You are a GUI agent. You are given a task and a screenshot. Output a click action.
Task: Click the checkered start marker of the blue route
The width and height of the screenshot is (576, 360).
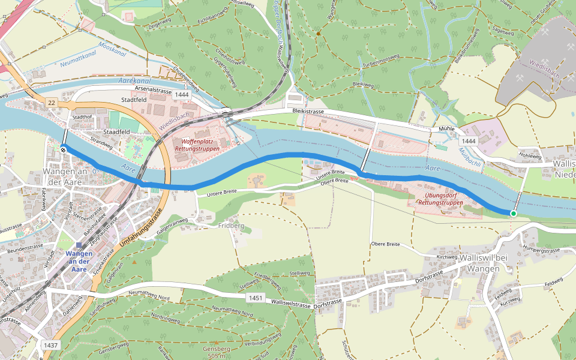pos(64,149)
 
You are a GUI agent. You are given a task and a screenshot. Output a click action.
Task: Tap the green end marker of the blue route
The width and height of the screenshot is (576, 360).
pos(513,214)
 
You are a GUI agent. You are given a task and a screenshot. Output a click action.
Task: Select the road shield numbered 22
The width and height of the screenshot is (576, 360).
pos(52,104)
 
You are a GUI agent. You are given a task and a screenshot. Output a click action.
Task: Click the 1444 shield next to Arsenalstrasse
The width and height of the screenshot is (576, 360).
pos(182,95)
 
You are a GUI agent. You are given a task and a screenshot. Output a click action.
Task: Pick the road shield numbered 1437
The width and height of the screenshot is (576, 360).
pos(51,345)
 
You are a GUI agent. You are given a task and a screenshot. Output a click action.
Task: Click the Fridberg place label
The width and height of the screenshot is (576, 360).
pos(232,226)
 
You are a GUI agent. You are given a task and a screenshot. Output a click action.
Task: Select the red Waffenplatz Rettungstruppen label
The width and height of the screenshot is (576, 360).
pos(197,145)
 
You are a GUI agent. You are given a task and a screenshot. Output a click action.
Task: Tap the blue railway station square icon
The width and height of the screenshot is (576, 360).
pos(79,245)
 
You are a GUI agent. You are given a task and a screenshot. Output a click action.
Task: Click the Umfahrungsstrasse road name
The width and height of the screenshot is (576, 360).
pos(143,230)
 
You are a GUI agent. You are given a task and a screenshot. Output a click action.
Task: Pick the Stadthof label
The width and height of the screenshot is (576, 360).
pos(82,118)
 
